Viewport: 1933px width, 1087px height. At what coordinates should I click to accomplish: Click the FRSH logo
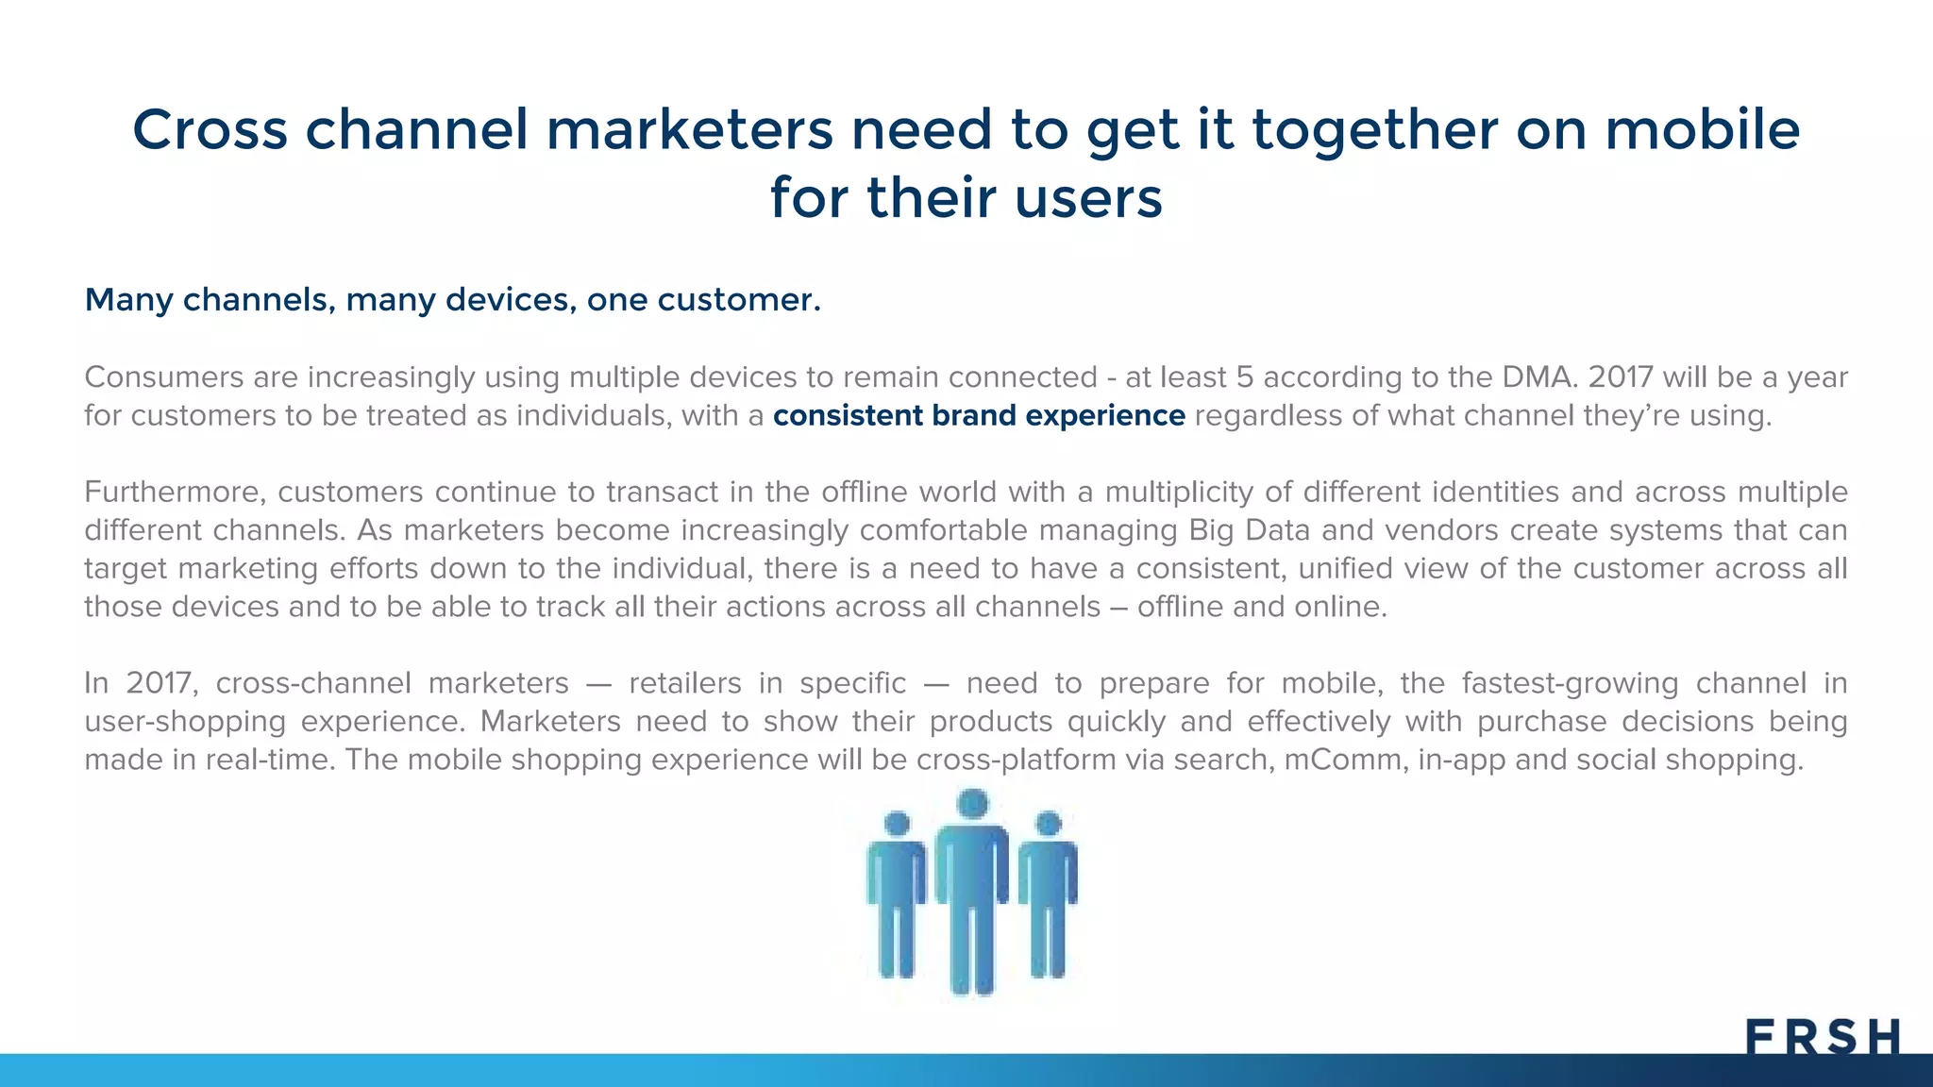[x=1822, y=1037]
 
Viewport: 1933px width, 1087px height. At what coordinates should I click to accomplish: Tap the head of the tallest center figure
[x=972, y=805]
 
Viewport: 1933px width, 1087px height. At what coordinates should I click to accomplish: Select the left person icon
[x=896, y=896]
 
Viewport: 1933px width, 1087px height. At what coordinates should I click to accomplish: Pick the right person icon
[x=1048, y=896]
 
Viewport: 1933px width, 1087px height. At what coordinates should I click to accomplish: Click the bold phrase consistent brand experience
[x=979, y=416]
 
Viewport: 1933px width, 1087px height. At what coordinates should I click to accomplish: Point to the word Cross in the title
[x=210, y=129]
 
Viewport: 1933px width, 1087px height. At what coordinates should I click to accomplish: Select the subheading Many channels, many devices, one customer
[x=452, y=300]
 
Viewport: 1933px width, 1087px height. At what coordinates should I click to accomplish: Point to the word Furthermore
[x=175, y=493]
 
